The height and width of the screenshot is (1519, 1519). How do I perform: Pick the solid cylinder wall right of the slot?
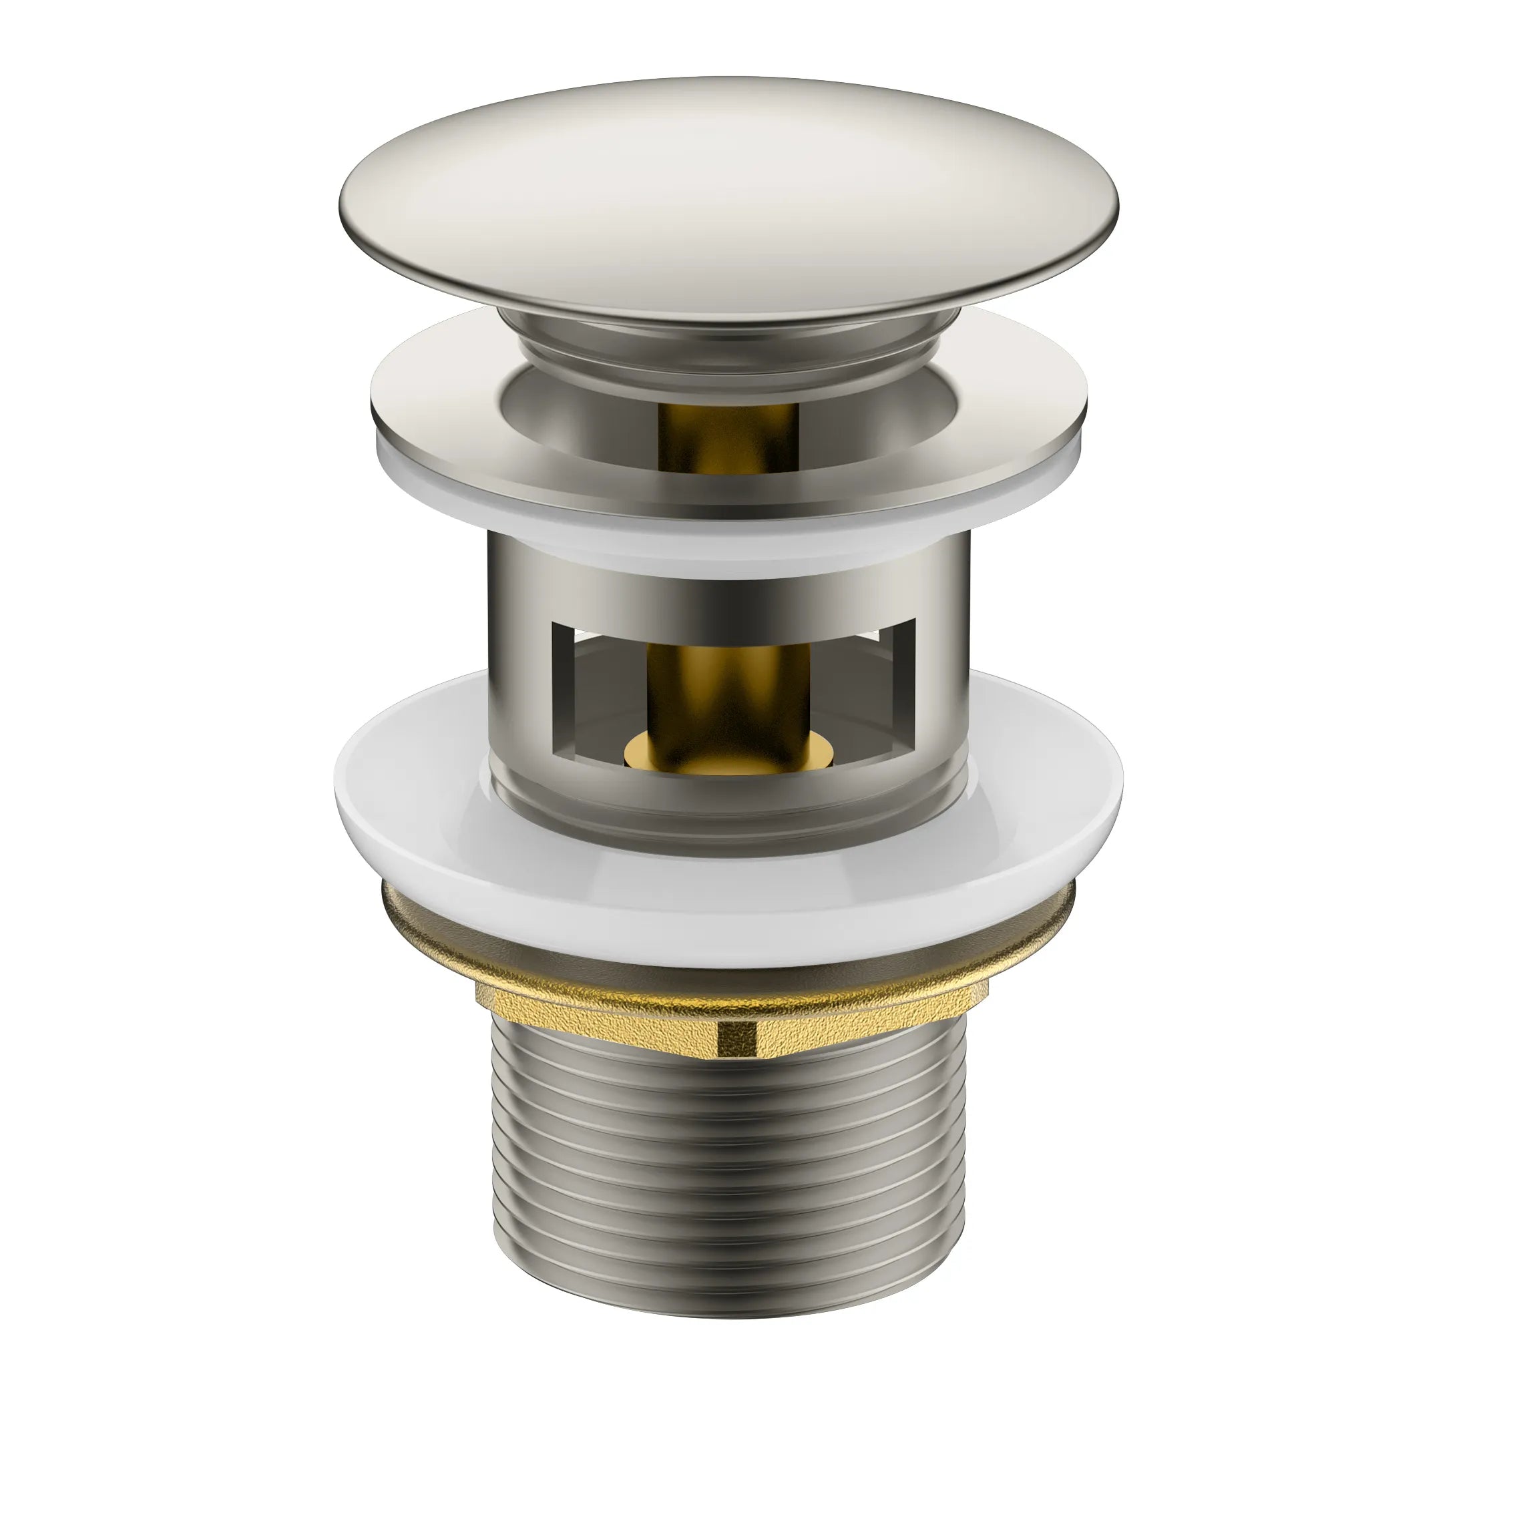click(x=943, y=668)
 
